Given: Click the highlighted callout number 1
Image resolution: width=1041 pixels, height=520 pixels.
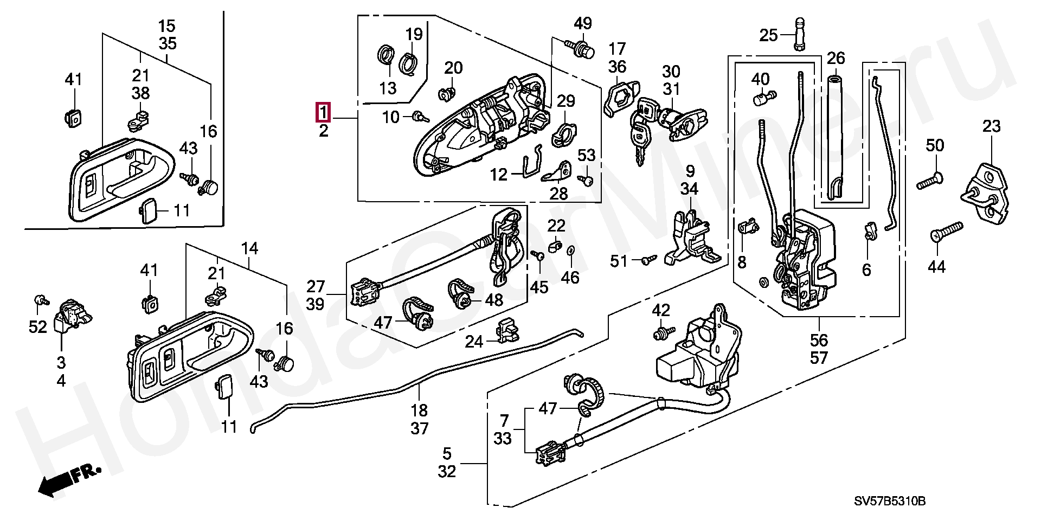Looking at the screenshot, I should (x=323, y=112).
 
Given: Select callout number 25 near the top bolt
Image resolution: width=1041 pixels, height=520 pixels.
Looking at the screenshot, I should (x=768, y=36).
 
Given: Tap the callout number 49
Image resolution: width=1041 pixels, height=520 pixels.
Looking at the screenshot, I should (x=583, y=24).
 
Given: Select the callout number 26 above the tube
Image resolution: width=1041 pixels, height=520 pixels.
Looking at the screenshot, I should (x=836, y=58).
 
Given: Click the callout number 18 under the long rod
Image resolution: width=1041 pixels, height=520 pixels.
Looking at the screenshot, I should (x=419, y=410).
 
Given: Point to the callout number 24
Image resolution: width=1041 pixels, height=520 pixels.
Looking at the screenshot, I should (x=474, y=342).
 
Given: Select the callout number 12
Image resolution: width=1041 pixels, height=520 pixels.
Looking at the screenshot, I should (x=499, y=175).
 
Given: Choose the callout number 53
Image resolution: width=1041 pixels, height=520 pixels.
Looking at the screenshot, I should (x=586, y=156).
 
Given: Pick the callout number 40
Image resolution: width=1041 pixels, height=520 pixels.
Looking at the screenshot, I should (x=760, y=80).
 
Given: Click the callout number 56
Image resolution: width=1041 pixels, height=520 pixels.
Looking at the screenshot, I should (x=819, y=340).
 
